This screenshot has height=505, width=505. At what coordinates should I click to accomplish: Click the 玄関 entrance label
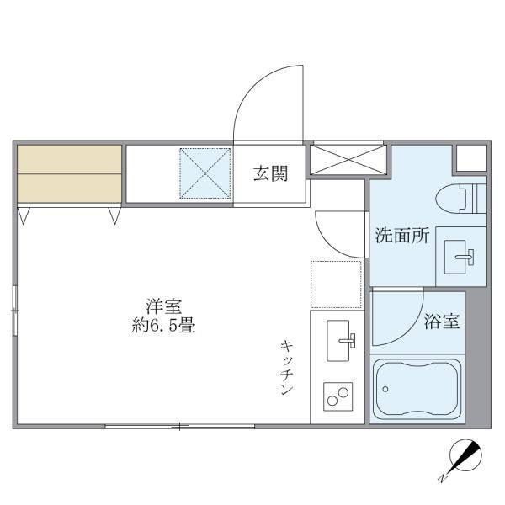[271, 174]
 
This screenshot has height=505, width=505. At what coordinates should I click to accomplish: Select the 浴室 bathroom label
[442, 321]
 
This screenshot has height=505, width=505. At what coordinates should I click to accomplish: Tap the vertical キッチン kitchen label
[287, 368]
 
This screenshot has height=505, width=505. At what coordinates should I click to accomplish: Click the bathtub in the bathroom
[416, 389]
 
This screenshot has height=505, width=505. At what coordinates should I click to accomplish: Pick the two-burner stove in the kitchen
[338, 396]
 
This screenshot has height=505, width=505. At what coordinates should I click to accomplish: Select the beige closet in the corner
[69, 173]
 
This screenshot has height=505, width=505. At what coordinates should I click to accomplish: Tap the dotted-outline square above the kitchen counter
[336, 284]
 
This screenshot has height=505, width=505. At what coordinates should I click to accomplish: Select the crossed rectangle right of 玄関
[348, 160]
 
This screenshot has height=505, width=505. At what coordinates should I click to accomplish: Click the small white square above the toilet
[471, 157]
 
